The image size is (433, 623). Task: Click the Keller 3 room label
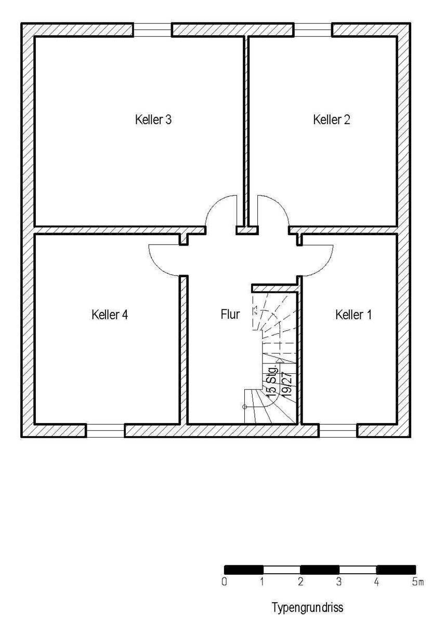point(153,119)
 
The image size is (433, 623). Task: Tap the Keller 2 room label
point(331,119)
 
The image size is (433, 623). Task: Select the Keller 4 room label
point(110,315)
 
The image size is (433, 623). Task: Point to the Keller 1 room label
point(353,315)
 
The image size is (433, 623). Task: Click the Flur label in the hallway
point(230,314)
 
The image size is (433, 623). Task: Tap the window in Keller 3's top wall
point(152,30)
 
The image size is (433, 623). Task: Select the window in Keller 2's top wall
point(313,30)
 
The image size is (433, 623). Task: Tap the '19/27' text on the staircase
point(286,384)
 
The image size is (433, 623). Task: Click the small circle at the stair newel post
point(244,407)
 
